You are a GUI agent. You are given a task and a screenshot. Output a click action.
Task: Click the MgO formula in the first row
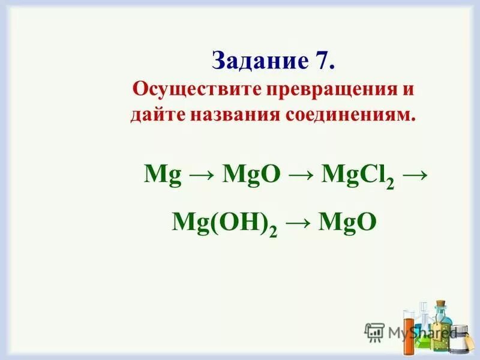tap(251, 175)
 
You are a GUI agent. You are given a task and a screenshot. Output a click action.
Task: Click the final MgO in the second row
tap(348, 223)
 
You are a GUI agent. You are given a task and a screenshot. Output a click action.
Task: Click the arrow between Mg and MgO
tap(201, 176)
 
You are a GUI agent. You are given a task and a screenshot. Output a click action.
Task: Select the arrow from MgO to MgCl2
tap(301, 176)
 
